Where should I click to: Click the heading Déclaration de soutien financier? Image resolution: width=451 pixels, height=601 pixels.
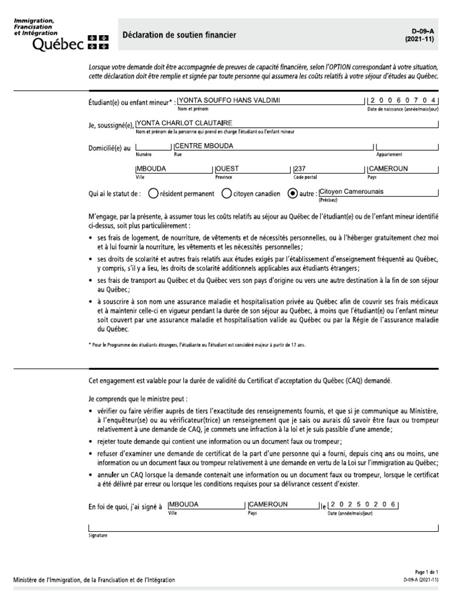tap(179, 35)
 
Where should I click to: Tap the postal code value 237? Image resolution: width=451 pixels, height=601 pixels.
tap(300, 168)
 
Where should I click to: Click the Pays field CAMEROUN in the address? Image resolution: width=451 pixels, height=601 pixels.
tap(388, 168)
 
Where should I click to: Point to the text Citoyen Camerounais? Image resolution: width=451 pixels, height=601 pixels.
tap(351, 191)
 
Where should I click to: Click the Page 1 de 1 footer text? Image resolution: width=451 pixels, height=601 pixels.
tap(426, 572)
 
